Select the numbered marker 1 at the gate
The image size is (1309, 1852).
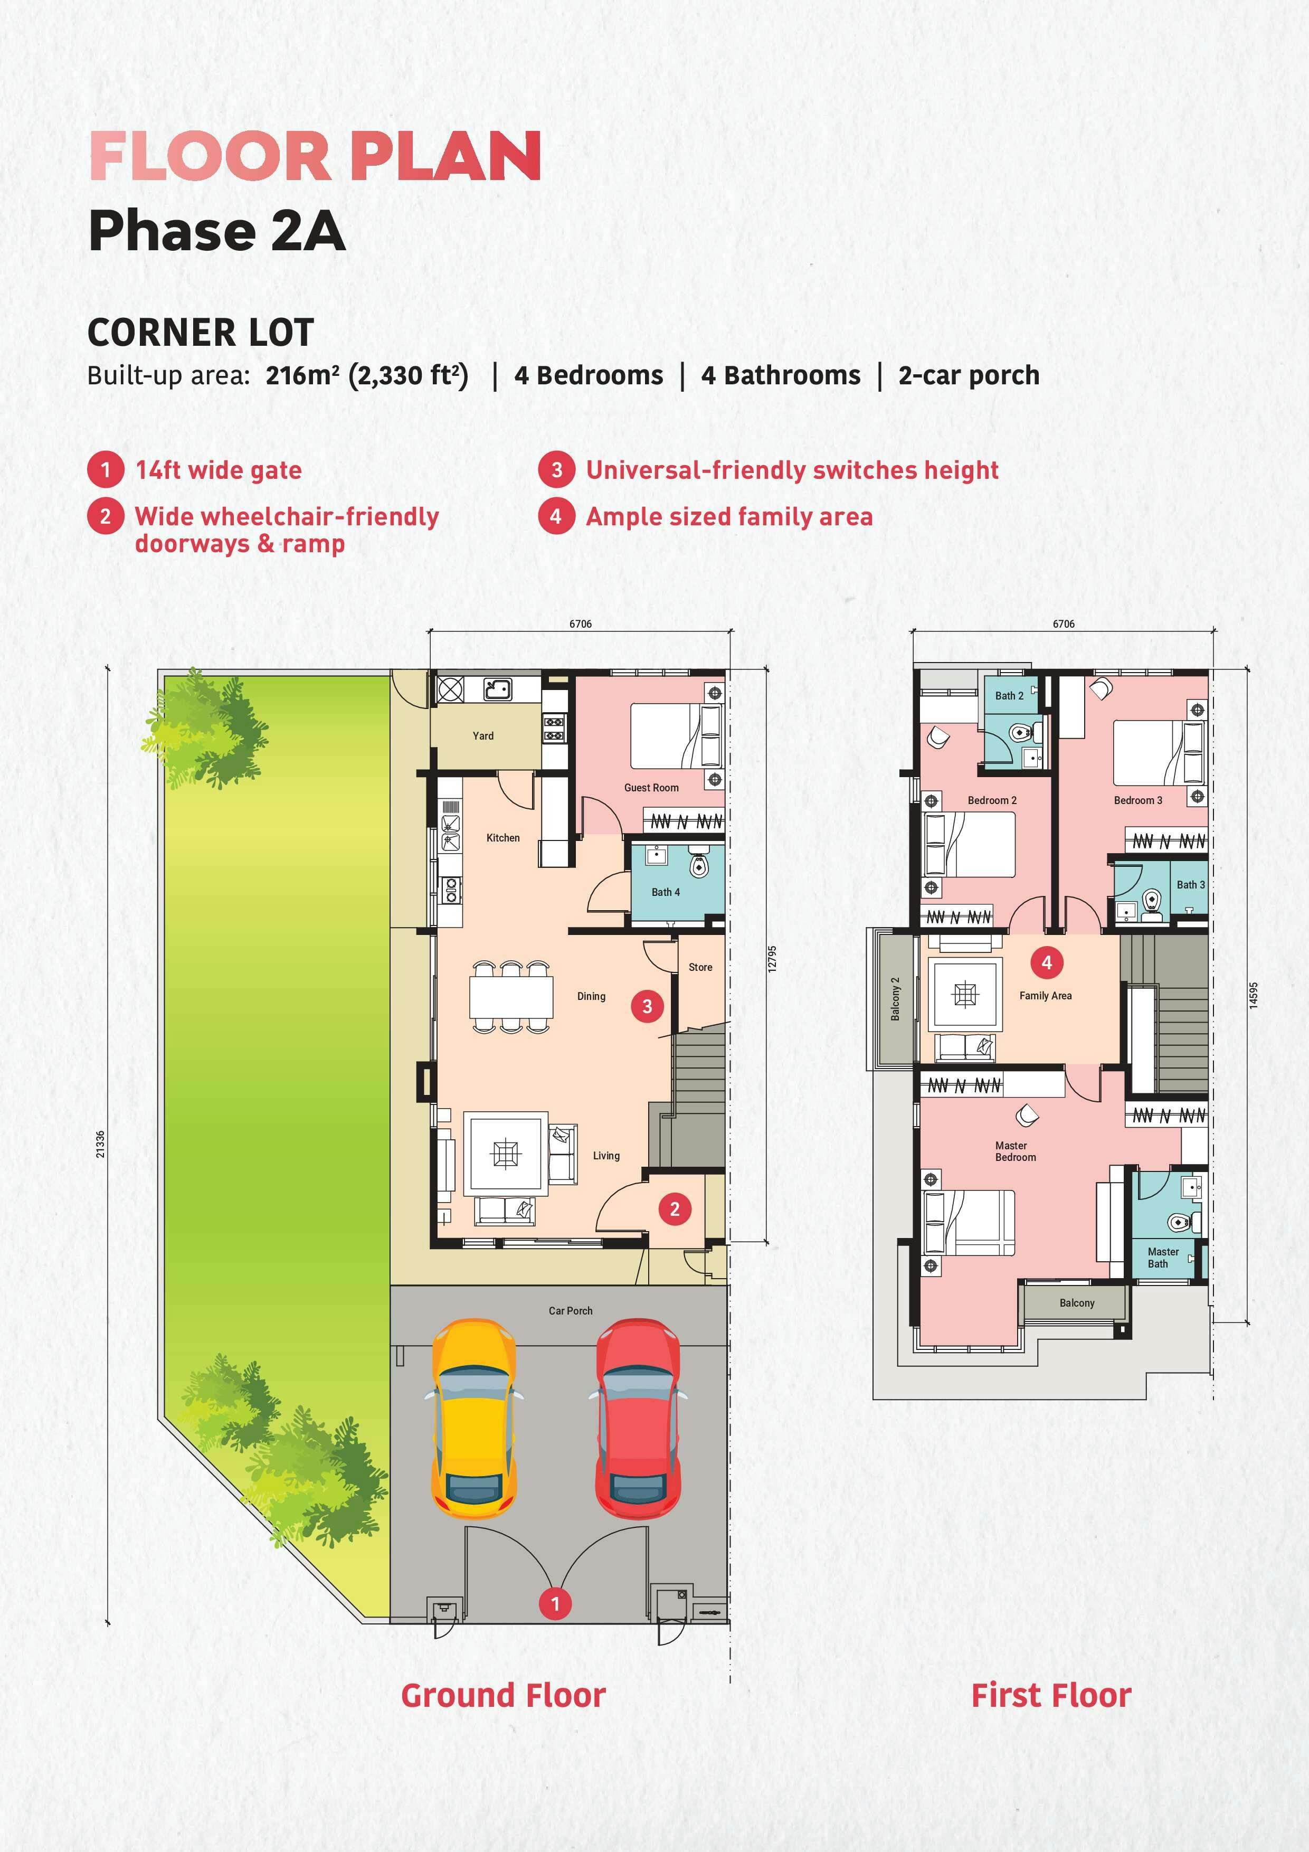(555, 1603)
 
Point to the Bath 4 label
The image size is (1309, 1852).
(666, 892)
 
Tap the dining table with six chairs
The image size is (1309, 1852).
(511, 997)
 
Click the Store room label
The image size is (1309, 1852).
(700, 967)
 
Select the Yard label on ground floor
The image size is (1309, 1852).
(483, 735)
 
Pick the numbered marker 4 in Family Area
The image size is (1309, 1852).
(1047, 962)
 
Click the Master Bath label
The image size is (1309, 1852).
(1162, 1258)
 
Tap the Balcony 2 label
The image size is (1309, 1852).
(895, 999)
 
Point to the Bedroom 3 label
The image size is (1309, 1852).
(1138, 800)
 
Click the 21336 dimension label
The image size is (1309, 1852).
(100, 1144)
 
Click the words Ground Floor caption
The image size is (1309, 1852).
(503, 1696)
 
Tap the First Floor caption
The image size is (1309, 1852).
(1051, 1696)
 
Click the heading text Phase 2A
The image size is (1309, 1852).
(217, 231)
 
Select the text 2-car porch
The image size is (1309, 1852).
(969, 376)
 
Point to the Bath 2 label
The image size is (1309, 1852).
(1009, 695)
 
